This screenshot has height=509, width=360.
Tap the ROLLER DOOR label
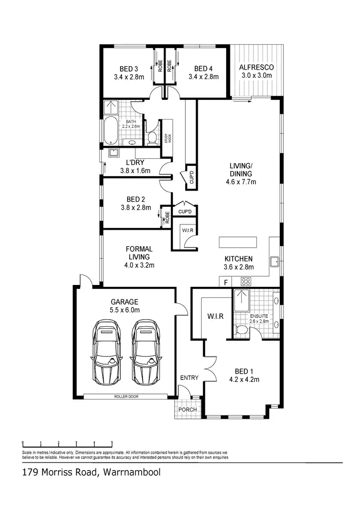click(126, 397)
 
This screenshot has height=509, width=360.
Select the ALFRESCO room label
click(256, 67)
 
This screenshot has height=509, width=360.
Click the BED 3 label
click(129, 68)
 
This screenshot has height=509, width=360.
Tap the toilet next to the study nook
click(152, 137)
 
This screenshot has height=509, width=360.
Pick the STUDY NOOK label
click(167, 139)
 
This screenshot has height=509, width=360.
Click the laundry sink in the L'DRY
click(113, 153)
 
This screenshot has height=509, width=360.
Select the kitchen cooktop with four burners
click(246, 282)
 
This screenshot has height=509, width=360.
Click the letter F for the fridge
click(226, 283)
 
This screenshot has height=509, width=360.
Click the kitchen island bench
click(238, 241)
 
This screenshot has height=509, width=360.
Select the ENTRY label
click(189, 378)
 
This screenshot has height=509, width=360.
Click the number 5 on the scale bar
click(112, 443)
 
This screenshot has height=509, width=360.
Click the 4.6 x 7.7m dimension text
click(240, 182)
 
